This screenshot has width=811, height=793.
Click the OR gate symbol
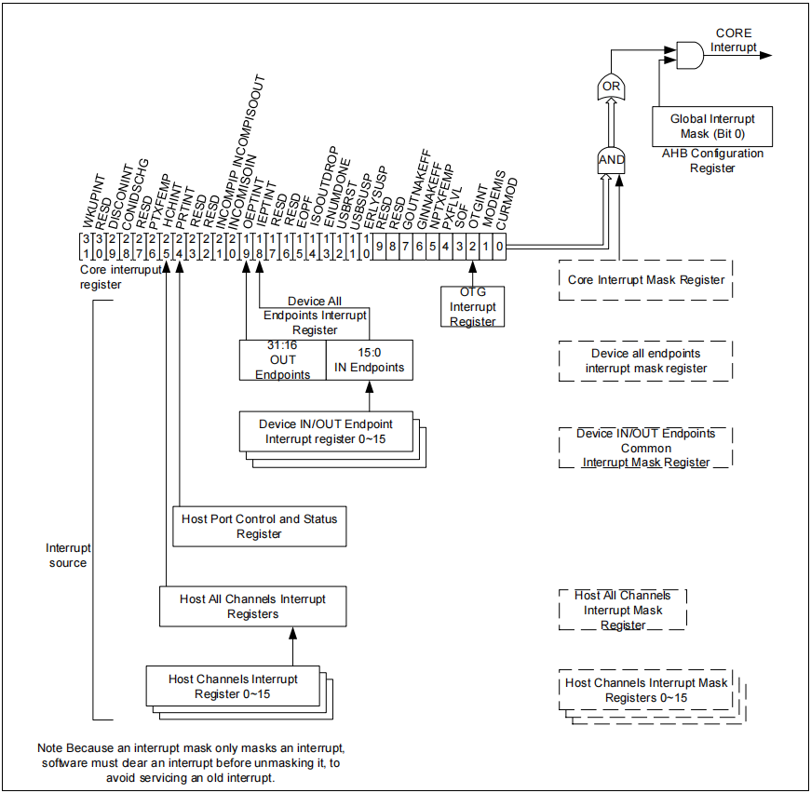click(x=611, y=88)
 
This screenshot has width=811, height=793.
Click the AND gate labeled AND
click(x=611, y=159)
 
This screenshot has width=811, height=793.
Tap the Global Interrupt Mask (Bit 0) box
click(x=712, y=127)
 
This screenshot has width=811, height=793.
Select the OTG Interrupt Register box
click(x=473, y=307)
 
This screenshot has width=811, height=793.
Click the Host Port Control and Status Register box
click(x=260, y=526)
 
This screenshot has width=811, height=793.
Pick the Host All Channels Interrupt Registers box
click(x=253, y=606)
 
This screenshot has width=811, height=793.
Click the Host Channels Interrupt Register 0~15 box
click(x=233, y=687)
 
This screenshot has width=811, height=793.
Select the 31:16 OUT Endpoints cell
click(x=282, y=360)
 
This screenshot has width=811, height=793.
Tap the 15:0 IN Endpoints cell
click(x=370, y=360)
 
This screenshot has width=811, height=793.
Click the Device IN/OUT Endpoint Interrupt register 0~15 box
click(x=326, y=431)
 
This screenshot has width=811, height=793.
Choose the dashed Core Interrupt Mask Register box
click(x=645, y=279)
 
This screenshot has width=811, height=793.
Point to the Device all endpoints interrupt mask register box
click(x=645, y=361)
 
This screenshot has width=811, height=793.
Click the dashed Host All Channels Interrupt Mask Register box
click(x=623, y=610)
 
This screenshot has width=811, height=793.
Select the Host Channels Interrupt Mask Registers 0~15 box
click(x=646, y=691)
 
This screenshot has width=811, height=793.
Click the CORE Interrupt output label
click(x=735, y=40)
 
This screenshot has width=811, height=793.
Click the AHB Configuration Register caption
click(x=712, y=161)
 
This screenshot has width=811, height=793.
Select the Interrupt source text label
click(x=68, y=556)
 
